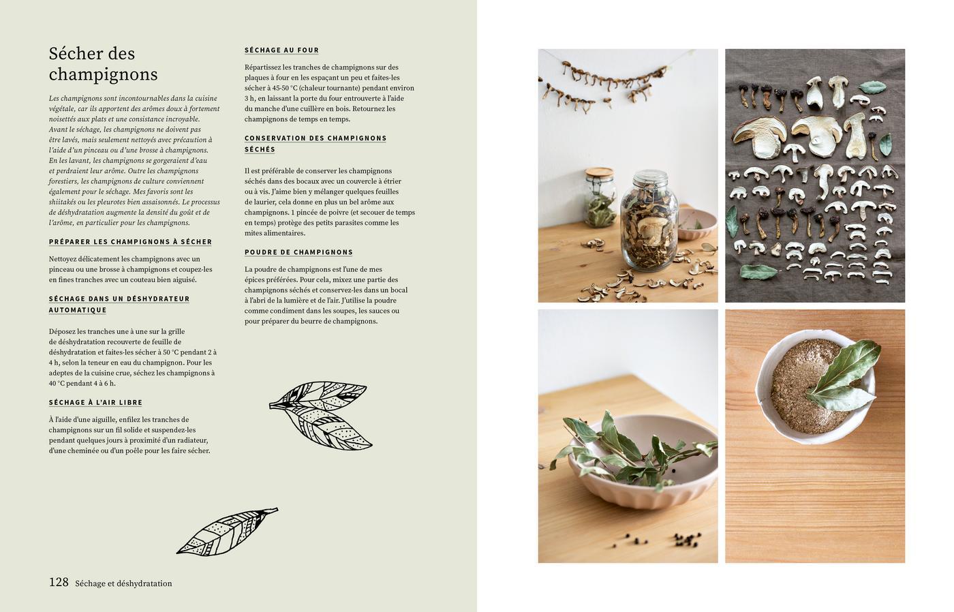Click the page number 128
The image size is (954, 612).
point(59,582)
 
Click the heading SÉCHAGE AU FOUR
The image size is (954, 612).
point(281,50)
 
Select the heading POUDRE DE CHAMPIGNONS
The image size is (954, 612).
point(298,252)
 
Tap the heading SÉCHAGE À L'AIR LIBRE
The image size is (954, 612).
point(95,403)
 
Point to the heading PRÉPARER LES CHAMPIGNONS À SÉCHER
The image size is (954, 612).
point(130,242)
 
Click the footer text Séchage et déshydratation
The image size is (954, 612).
point(123,583)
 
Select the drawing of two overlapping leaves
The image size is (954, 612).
point(321,415)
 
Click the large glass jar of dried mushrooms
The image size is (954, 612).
point(649,221)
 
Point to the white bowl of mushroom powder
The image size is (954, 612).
point(814,386)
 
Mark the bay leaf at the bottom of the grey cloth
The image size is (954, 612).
point(759,272)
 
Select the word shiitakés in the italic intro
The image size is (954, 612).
point(63,202)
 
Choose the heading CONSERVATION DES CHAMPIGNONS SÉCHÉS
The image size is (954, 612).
point(316,144)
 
